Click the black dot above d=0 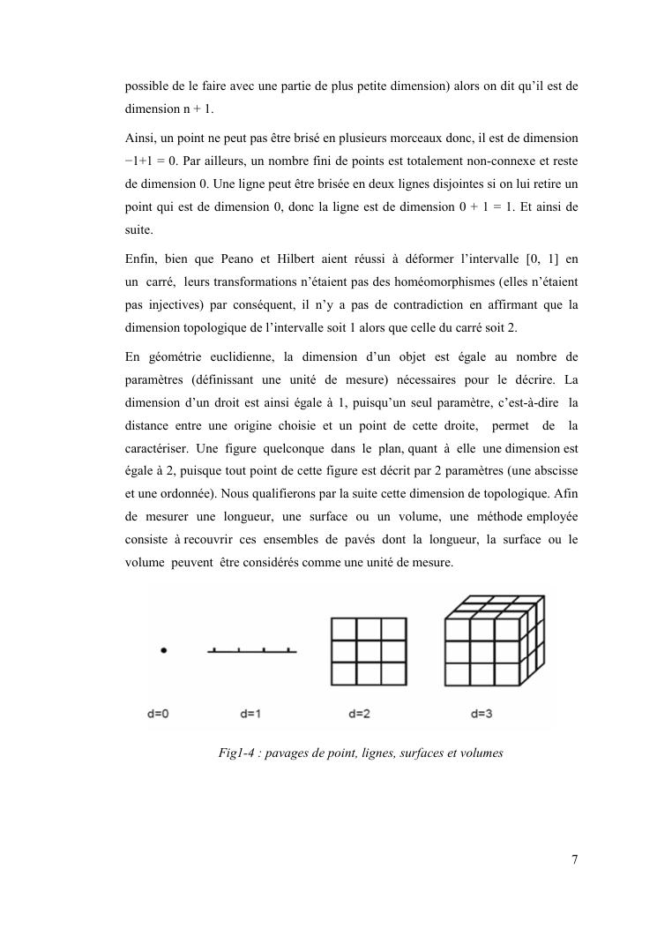point(163,650)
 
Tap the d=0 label point(160,713)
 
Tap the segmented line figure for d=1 point(251,651)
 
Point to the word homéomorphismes point(437,282)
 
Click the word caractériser point(160,425)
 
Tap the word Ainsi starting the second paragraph point(140,139)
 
